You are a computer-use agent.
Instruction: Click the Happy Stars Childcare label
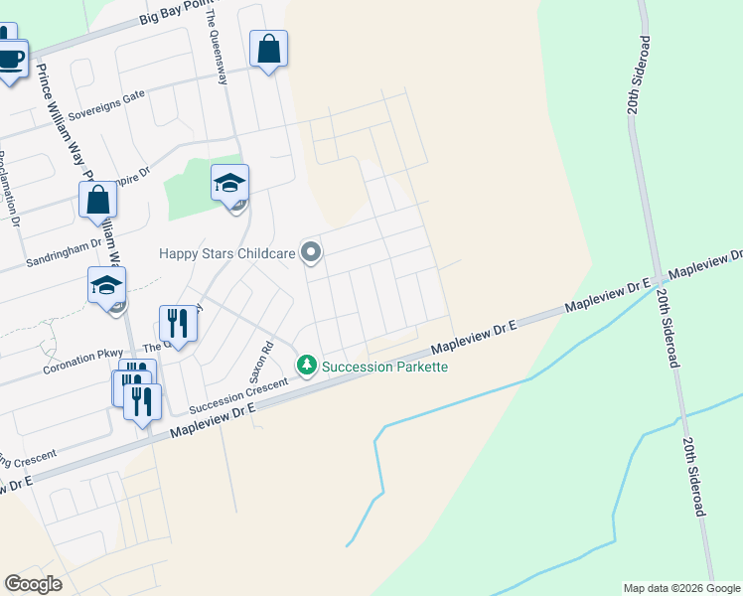click(227, 253)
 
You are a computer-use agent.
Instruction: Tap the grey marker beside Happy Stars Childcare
click(311, 252)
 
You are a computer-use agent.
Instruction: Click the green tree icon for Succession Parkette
click(307, 367)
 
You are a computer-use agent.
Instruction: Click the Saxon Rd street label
click(266, 364)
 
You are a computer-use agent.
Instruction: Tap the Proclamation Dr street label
click(10, 190)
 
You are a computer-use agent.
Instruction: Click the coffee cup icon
click(10, 60)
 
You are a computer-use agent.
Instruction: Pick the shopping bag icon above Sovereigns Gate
click(269, 49)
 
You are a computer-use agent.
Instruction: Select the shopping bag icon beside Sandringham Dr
click(98, 200)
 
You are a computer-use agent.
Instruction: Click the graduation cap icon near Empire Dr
click(229, 184)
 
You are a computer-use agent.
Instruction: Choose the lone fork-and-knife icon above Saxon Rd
click(178, 323)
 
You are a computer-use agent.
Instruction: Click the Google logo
click(33, 584)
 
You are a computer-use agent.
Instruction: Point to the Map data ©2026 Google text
click(680, 588)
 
